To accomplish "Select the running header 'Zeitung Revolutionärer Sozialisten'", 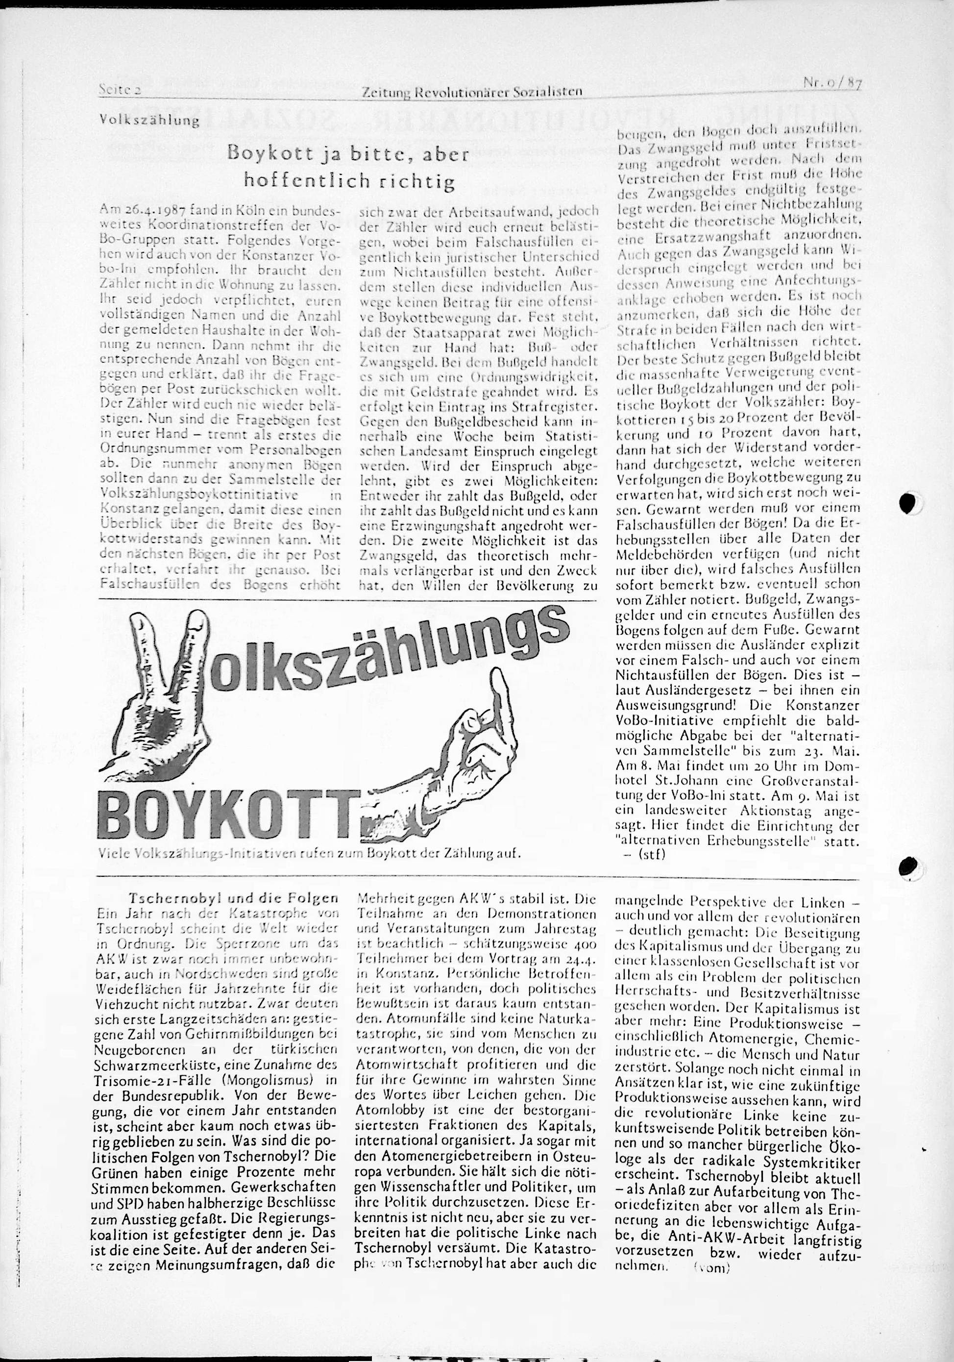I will (x=471, y=91).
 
